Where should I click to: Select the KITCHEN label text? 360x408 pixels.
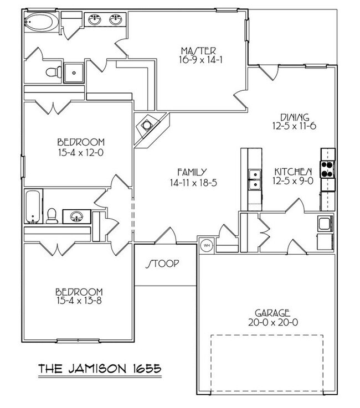tap(292, 172)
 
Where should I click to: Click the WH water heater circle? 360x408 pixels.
tap(205, 244)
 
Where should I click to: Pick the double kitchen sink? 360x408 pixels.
tap(255, 178)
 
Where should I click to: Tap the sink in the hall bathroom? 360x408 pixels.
tap(76, 215)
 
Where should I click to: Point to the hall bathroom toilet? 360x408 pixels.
tap(52, 215)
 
